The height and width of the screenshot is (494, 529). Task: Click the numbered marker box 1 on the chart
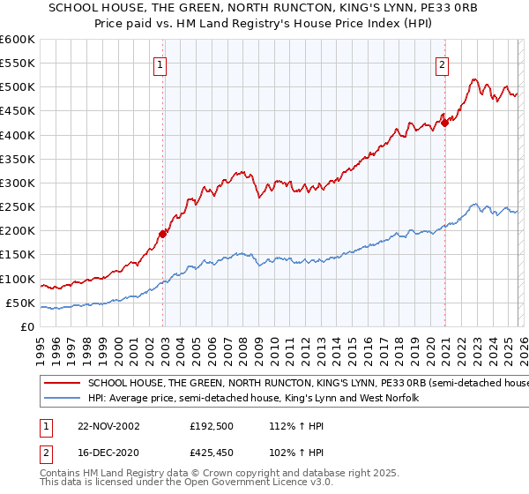[160, 64]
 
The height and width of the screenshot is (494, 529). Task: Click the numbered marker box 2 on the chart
[441, 64]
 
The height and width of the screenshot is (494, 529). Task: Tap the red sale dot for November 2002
[163, 235]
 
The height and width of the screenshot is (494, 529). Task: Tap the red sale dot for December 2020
[445, 123]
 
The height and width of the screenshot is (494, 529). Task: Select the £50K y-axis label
[20, 303]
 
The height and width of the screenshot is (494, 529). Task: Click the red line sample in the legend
[63, 384]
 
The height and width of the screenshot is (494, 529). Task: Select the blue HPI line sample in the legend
[63, 399]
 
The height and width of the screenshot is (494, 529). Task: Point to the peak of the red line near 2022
[473, 79]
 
